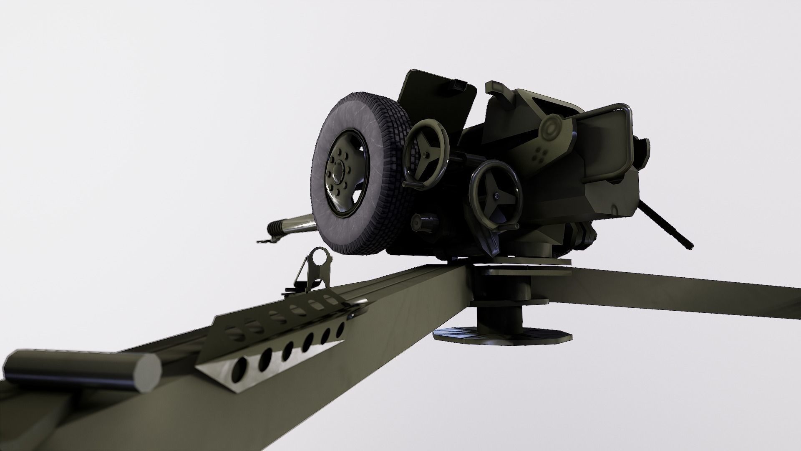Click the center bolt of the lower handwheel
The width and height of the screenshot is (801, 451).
pos(496,195)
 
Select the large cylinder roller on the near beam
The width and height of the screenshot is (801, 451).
pos(83,370)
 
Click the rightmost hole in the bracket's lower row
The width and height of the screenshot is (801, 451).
pos(340,329)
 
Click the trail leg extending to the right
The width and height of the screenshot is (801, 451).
pos(688,292)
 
